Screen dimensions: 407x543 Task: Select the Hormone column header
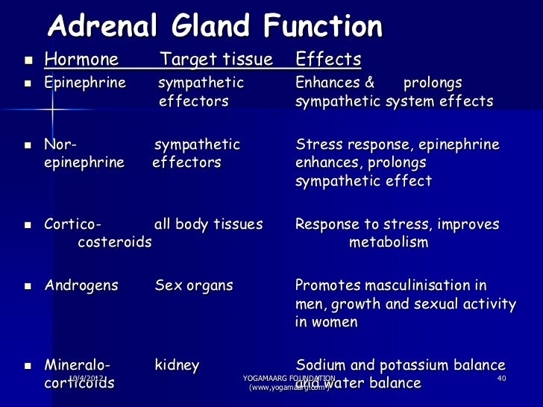[81, 60]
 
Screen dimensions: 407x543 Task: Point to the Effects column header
[328, 60]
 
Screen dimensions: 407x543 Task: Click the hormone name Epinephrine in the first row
[84, 82]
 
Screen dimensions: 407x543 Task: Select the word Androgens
[81, 285]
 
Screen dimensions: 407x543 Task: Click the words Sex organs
[194, 285]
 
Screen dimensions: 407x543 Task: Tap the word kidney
[177, 365]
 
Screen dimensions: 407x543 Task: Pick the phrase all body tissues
[208, 224]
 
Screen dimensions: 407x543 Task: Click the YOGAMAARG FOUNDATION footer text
[289, 379]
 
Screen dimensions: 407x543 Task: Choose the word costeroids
[114, 242]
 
